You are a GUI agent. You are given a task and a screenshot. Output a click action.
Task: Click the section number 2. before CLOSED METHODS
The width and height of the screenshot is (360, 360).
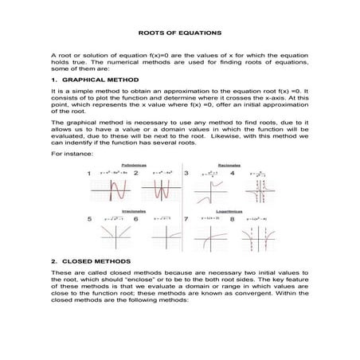(53, 260)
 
